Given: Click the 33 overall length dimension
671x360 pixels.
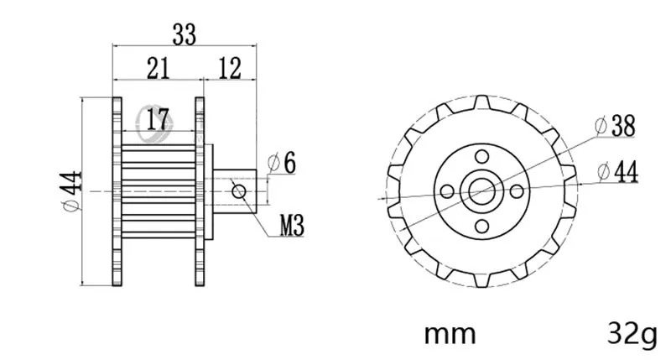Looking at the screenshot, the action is click(184, 34).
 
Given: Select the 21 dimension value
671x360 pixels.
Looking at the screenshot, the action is click(158, 68).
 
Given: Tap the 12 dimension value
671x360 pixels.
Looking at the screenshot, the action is click(230, 68).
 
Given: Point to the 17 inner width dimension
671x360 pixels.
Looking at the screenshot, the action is click(158, 119).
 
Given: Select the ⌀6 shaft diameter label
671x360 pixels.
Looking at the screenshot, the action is click(282, 163).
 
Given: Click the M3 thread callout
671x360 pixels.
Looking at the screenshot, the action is click(292, 226).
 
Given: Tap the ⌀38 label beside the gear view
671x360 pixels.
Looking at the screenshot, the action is click(616, 126).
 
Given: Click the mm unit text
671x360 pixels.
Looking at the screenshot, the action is click(450, 334).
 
